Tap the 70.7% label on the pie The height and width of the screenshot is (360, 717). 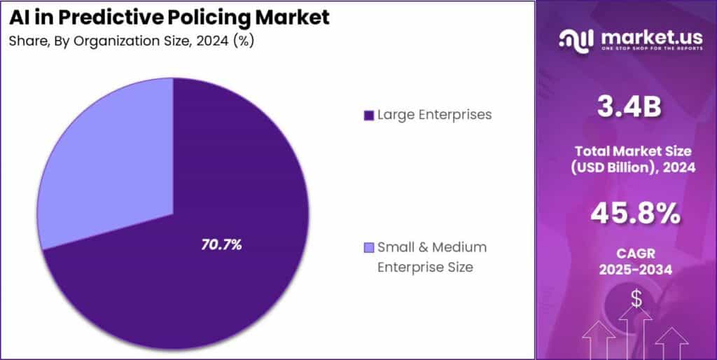[x=221, y=244]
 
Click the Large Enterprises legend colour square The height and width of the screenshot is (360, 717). [x=368, y=115]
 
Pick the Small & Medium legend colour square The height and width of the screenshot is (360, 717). [x=369, y=247]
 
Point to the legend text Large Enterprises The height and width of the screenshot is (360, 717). [x=434, y=114]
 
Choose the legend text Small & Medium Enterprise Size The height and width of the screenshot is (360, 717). [x=431, y=256]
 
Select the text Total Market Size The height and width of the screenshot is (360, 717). [x=633, y=151]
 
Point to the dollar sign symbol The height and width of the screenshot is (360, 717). [x=636, y=299]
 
